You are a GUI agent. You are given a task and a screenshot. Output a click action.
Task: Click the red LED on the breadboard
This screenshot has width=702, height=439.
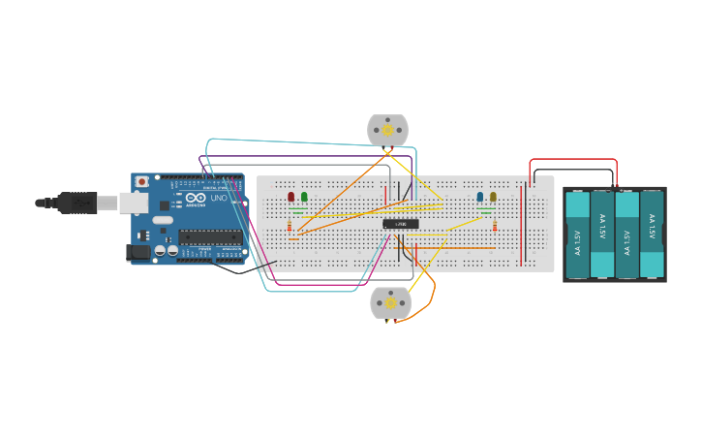pos(290,197)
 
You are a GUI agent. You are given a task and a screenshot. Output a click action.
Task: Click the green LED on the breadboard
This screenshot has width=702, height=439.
pos(304,197)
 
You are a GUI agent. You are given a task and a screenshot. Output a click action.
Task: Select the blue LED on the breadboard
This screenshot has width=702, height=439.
pos(480,197)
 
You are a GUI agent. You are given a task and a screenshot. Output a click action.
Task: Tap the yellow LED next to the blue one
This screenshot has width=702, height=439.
pos(493,197)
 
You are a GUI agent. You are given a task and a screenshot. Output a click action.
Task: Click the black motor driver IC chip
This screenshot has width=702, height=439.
pos(401,224)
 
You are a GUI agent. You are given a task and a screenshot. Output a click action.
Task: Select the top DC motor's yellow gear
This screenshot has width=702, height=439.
pos(388,130)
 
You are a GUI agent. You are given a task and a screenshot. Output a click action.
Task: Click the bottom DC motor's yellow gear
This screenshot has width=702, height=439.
pos(391,302)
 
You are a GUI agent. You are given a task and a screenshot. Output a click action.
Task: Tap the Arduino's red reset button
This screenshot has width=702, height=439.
pos(142,181)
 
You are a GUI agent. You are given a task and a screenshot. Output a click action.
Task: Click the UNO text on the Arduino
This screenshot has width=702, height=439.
pos(219,198)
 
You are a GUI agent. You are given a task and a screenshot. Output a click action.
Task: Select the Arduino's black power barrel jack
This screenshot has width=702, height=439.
pos(138,252)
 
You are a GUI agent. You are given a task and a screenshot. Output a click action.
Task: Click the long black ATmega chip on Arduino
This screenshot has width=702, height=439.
pos(210,236)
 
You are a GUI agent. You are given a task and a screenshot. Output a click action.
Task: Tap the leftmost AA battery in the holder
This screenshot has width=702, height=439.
pos(577,235)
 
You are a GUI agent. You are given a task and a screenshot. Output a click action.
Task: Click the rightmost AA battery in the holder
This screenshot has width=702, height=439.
pos(652,235)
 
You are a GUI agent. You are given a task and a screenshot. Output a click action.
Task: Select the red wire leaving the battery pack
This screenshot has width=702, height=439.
pos(573,160)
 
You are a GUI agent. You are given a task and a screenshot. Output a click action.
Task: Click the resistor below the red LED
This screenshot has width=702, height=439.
pos(290,227)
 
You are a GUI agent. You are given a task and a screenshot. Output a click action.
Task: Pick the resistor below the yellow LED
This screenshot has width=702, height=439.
pos(495,227)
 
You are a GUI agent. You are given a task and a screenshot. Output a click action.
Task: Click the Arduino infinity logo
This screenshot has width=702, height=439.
pos(196,198)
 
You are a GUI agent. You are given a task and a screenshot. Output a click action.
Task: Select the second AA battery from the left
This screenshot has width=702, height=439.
pos(602,235)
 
